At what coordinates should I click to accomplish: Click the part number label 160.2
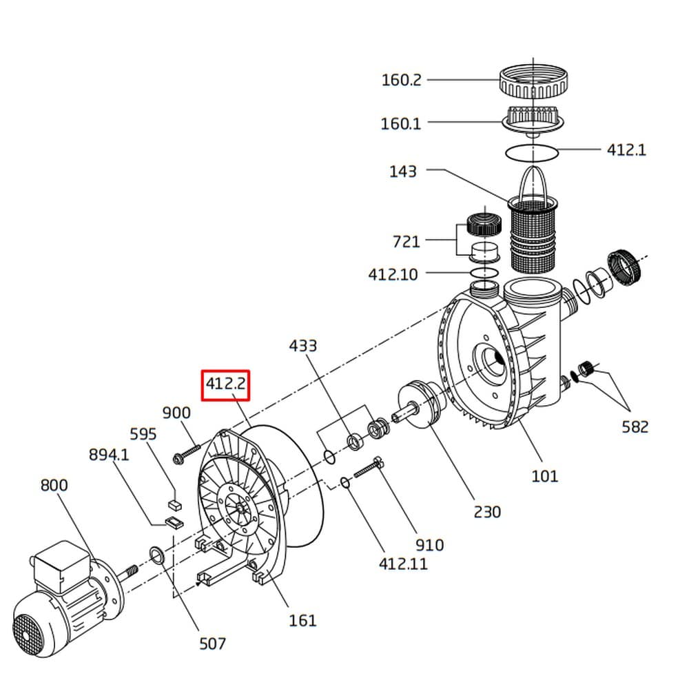(401, 80)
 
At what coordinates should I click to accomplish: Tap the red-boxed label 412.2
(225, 385)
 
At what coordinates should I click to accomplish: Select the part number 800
(54, 486)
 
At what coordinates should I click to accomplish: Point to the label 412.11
(403, 564)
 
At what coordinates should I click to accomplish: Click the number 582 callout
(635, 426)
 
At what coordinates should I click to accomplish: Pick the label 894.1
(109, 455)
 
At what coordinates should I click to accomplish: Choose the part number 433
(302, 346)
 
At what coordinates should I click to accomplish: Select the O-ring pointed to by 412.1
(532, 154)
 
